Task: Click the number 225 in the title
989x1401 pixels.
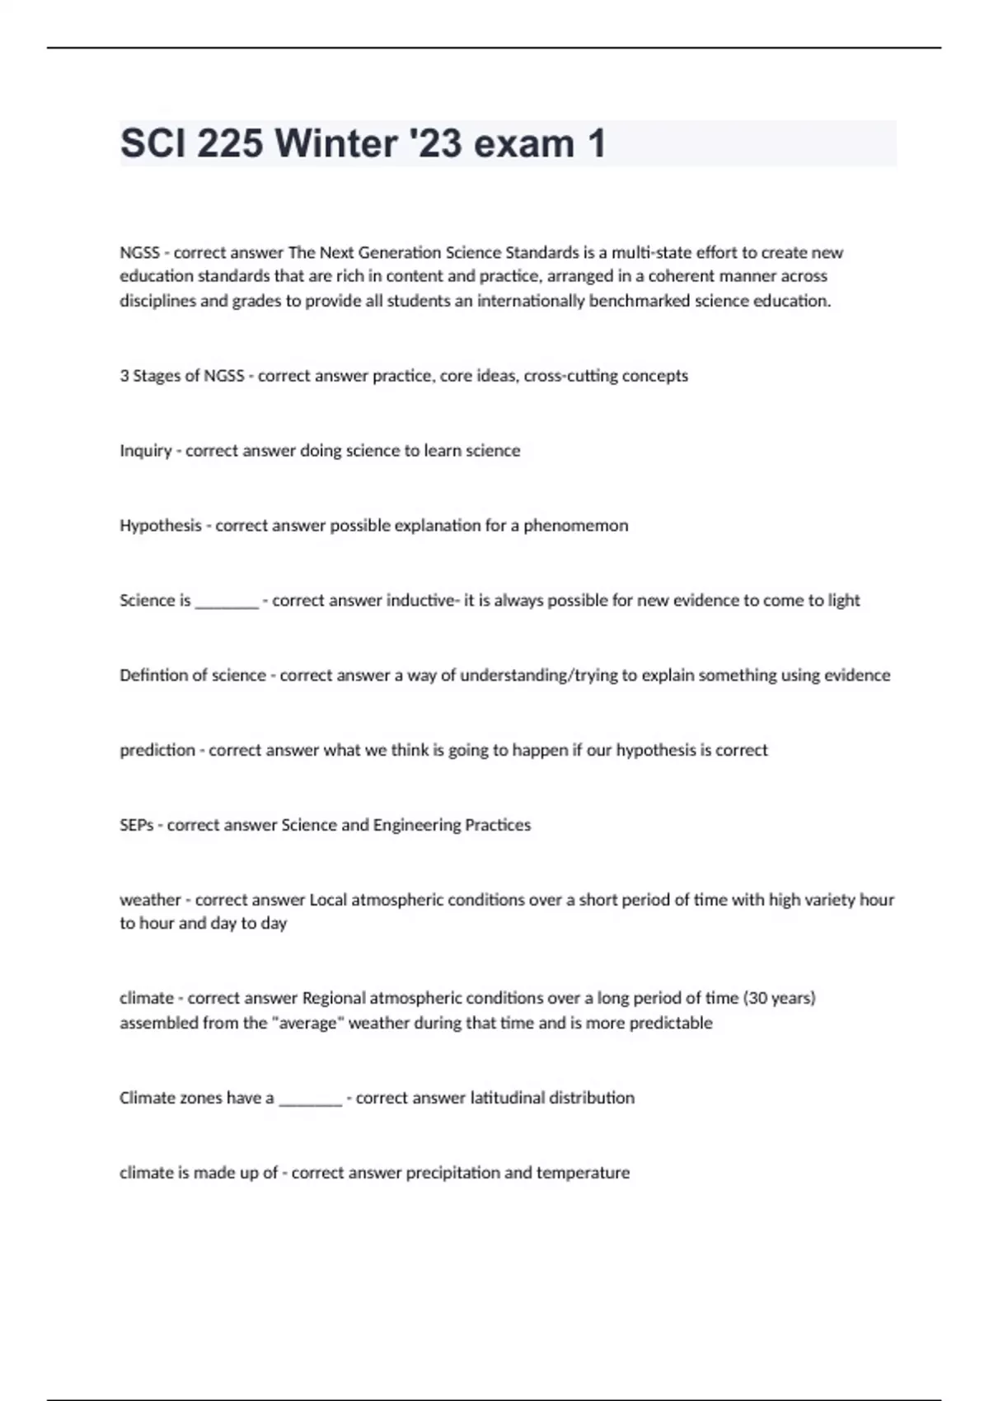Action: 230,143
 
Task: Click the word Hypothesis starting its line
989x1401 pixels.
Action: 160,526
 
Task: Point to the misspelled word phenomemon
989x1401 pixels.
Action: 575,526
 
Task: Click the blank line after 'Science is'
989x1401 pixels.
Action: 227,602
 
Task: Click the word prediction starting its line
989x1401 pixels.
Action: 157,751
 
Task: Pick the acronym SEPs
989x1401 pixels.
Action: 136,825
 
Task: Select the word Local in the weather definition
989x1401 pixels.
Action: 328,900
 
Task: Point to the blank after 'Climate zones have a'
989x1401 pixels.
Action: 310,1099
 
